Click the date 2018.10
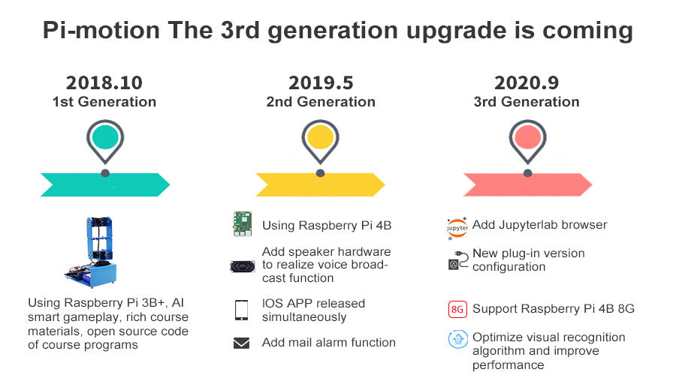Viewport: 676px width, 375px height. tap(104, 82)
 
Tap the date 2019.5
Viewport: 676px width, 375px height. tap(321, 82)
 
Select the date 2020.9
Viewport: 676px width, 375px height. tap(527, 82)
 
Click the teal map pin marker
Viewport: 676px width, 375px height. tap(105, 142)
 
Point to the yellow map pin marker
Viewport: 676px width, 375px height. tap(320, 142)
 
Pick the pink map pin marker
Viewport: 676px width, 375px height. tap(528, 142)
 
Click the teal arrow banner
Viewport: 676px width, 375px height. tap(105, 184)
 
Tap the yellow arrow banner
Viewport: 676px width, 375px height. tap(320, 184)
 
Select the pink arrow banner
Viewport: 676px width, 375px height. tap(528, 184)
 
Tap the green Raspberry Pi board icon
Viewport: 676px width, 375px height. tap(243, 224)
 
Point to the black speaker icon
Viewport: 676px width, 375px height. tap(243, 266)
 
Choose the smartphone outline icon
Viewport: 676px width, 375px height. tap(241, 310)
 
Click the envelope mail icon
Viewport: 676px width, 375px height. tap(241, 343)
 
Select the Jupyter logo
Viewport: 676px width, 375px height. tap(457, 228)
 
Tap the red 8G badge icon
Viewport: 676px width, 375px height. tap(457, 309)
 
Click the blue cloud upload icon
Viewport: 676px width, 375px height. tap(458, 339)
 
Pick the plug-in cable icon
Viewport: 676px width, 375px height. tap(458, 260)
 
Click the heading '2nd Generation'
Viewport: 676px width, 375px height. tap(321, 101)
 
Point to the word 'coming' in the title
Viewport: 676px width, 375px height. tap(587, 31)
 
